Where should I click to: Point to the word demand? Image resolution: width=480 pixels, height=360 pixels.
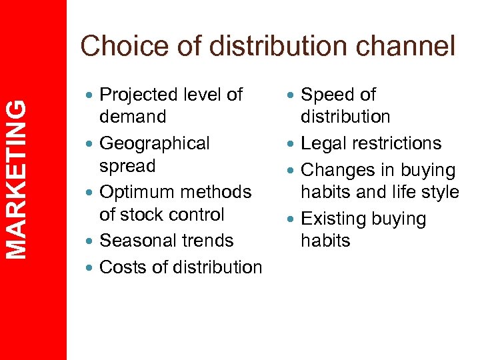point(133,117)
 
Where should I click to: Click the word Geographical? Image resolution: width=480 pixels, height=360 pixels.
point(154,143)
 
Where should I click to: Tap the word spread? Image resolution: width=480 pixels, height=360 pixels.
point(127,165)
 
